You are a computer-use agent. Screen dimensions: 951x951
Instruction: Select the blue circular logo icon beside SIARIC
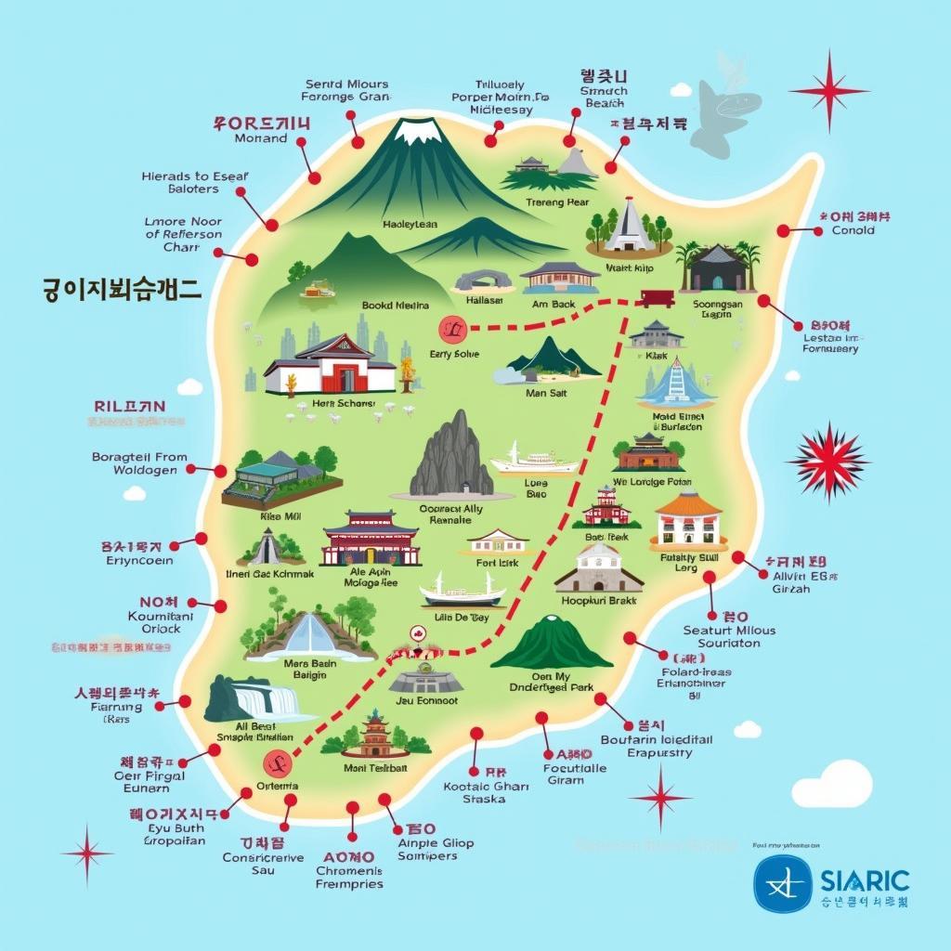(x=783, y=883)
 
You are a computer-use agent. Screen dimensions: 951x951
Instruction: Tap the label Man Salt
(x=545, y=393)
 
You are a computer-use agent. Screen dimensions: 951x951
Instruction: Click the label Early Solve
(x=454, y=354)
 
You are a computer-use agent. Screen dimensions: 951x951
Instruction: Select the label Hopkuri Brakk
(x=599, y=600)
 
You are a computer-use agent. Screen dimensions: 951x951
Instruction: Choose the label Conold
(x=853, y=230)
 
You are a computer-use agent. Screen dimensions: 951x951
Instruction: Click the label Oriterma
(x=277, y=786)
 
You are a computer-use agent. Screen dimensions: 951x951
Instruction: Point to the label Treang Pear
(x=557, y=202)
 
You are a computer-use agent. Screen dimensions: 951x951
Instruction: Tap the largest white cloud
(x=846, y=783)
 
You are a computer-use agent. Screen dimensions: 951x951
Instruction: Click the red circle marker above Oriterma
(x=277, y=764)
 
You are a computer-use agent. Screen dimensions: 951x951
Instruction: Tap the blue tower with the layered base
(x=676, y=383)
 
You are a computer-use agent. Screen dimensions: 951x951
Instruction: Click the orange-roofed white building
(x=688, y=521)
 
